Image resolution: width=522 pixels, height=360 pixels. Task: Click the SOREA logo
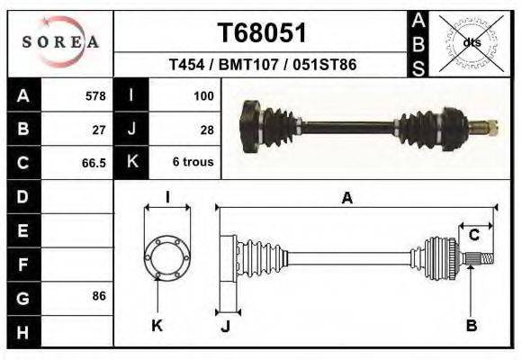(x=60, y=42)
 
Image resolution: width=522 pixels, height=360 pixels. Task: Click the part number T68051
(x=262, y=32)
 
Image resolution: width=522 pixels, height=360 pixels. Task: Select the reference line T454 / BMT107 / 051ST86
(x=262, y=66)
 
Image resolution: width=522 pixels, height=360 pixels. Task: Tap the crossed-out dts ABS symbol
(x=471, y=42)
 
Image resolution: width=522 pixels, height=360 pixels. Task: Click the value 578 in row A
(x=95, y=95)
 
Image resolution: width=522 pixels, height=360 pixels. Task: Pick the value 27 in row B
(x=99, y=129)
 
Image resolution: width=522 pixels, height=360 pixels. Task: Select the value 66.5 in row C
(x=94, y=163)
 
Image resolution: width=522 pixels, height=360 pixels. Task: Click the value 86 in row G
(x=99, y=296)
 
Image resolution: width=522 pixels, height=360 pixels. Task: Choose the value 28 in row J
(x=206, y=129)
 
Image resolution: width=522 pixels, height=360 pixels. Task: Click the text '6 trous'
(x=193, y=163)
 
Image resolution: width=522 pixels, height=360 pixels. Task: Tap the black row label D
(x=22, y=196)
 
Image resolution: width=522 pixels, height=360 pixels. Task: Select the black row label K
(x=132, y=163)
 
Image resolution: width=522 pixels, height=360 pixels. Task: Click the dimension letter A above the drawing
(x=346, y=199)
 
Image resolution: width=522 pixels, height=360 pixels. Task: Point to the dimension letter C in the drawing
(x=473, y=236)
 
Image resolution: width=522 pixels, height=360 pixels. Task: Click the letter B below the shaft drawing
(x=470, y=326)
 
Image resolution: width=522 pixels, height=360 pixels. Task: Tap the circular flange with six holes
(x=166, y=257)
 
